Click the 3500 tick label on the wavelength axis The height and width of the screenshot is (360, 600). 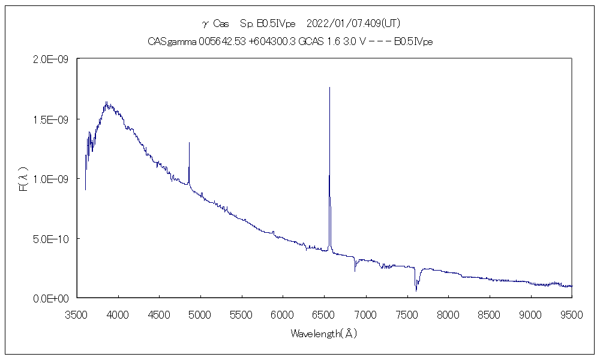pyautogui.click(x=77, y=313)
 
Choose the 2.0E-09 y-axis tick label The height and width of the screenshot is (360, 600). pyautogui.click(x=53, y=59)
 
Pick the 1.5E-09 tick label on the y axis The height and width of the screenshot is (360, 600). pyautogui.click(x=53, y=119)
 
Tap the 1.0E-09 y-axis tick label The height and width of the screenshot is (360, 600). pyautogui.click(x=53, y=179)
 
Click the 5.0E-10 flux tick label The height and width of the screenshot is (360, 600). pyautogui.click(x=53, y=239)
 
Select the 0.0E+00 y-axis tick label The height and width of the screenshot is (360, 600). pyautogui.click(x=53, y=298)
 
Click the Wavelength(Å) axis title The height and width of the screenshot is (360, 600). pyautogui.click(x=324, y=333)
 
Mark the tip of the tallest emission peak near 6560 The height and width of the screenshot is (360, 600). pyautogui.click(x=329, y=88)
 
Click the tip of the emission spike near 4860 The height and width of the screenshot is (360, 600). pyautogui.click(x=189, y=143)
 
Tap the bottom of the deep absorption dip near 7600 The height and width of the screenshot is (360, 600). pyautogui.click(x=416, y=291)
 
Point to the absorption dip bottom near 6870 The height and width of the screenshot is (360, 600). pyautogui.click(x=355, y=271)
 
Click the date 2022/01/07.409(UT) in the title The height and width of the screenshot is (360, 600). pyautogui.click(x=353, y=23)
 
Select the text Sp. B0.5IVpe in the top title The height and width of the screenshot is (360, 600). pyautogui.click(x=268, y=23)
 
